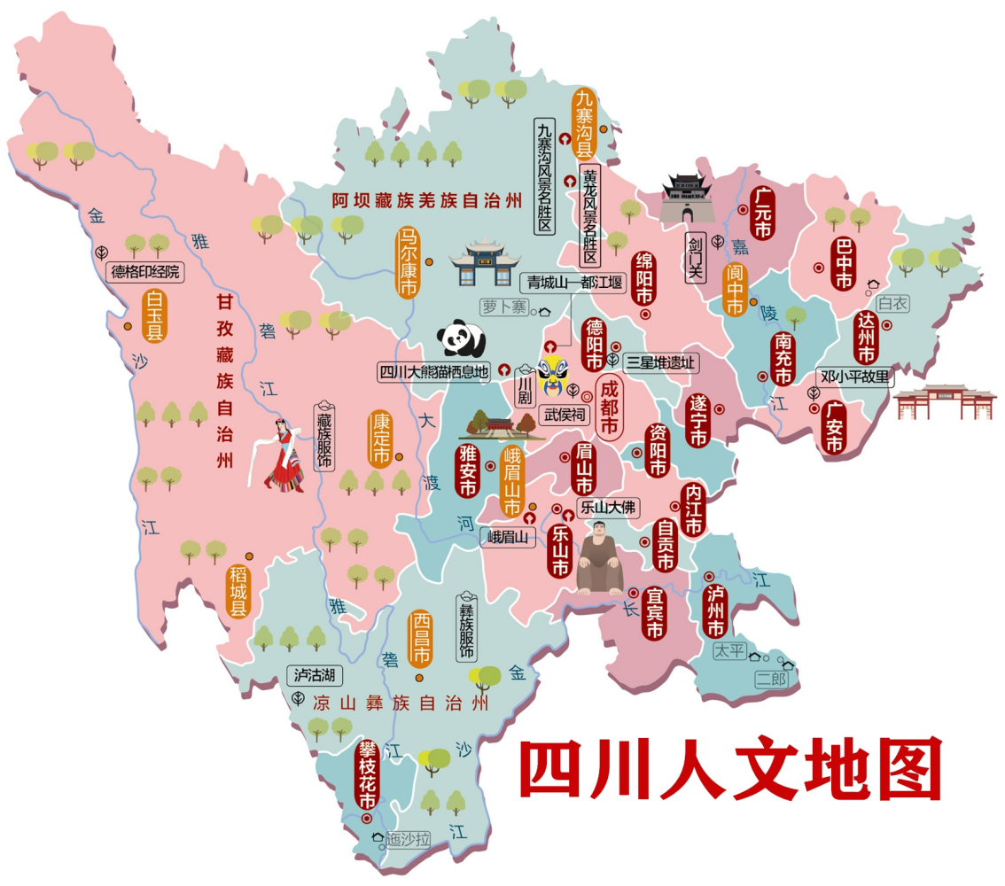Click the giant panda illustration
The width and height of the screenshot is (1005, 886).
(x=462, y=338)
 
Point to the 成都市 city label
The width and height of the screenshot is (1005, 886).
(x=609, y=408)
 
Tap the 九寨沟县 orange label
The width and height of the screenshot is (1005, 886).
(x=584, y=123)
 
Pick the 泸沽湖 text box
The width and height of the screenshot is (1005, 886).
(x=312, y=676)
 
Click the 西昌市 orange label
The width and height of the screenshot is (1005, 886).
(x=420, y=639)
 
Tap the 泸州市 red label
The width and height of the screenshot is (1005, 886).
(x=714, y=611)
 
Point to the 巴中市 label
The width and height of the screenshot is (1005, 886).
(x=843, y=264)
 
